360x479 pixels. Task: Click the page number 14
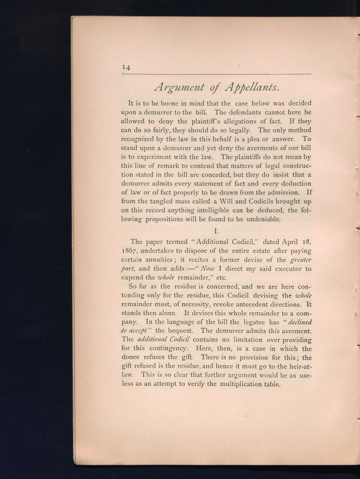[127, 68]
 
